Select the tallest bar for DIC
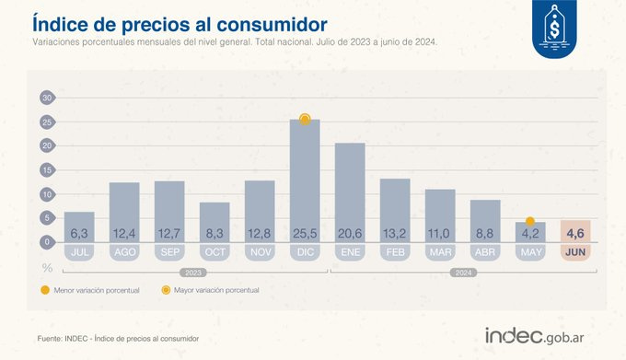(305, 180)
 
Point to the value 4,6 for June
(576, 233)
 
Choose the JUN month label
(576, 251)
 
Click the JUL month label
(79, 251)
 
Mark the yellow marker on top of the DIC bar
(305, 120)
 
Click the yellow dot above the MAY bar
(530, 221)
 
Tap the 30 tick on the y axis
(47, 97)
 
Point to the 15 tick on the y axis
(47, 169)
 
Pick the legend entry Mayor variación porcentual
(210, 290)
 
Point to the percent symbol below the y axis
(46, 267)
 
